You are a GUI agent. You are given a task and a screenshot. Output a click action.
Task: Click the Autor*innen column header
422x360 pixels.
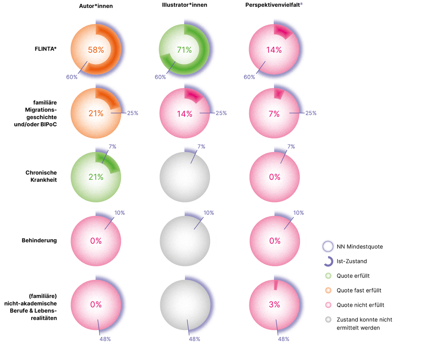pos(96,6)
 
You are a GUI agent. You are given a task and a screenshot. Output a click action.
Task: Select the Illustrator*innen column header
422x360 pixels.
pos(184,6)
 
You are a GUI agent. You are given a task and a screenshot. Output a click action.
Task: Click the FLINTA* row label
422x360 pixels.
pos(46,49)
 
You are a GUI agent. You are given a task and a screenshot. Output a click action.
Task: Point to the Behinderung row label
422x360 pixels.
pos(39,241)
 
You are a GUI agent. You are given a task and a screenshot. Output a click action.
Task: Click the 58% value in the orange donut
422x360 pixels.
pos(96,50)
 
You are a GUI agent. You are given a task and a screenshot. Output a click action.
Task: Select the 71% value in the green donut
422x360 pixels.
pos(184,50)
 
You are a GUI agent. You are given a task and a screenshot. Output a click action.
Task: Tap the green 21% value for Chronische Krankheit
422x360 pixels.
pos(96,177)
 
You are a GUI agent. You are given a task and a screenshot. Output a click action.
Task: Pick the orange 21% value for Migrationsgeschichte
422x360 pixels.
pos(96,113)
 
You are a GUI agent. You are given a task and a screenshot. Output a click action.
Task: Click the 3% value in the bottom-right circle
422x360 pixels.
pos(274,304)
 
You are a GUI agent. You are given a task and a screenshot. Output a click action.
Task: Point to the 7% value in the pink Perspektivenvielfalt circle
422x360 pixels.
pos(274,113)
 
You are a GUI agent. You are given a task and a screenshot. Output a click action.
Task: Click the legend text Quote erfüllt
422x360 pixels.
pos(353,276)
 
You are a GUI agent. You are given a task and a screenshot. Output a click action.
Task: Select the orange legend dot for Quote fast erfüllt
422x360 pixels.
pos(328,290)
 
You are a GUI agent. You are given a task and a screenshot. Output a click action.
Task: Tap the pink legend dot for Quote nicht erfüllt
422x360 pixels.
pos(328,305)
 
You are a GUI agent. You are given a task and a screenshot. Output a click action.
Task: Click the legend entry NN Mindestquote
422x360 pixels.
pos(360,246)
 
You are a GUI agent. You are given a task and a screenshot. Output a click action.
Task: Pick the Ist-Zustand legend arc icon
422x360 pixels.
pos(328,261)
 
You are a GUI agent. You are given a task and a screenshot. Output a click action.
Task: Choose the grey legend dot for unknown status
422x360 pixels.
pos(328,319)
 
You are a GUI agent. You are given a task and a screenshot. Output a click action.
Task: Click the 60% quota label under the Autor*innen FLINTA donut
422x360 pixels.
pos(72,77)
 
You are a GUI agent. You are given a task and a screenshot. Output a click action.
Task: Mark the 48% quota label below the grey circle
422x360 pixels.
pos(194,339)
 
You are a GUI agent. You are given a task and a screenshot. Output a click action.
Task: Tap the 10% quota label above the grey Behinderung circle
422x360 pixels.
pos(208,213)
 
